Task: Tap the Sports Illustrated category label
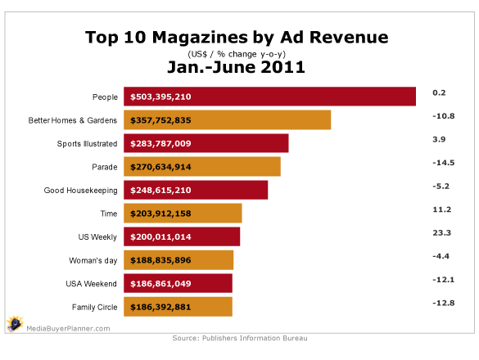pyautogui.click(x=84, y=143)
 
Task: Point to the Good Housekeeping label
pyautogui.click(x=80, y=191)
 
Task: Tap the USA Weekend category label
pyautogui.click(x=91, y=284)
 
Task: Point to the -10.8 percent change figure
pyautogui.click(x=443, y=115)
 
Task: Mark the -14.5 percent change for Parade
pyautogui.click(x=443, y=162)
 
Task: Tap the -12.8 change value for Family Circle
pyautogui.click(x=443, y=302)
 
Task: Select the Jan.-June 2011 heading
pyautogui.click(x=237, y=68)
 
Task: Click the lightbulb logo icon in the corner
pyautogui.click(x=14, y=324)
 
